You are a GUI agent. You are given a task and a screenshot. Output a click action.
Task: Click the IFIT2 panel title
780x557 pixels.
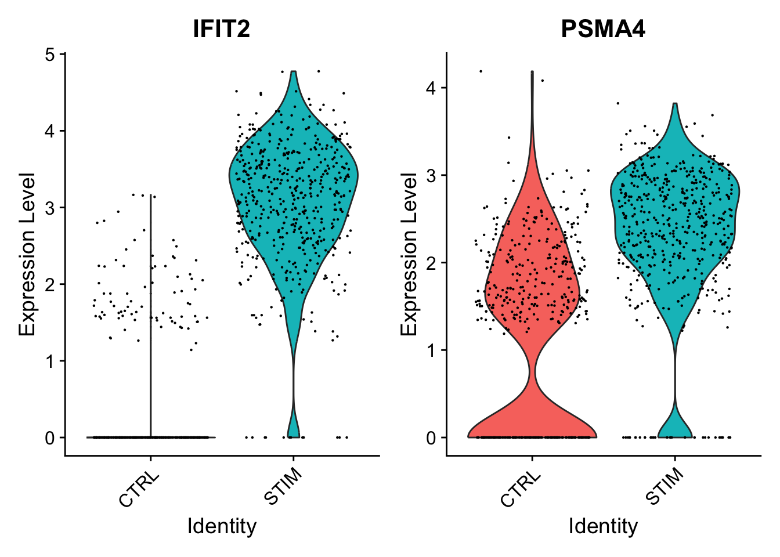click(x=222, y=29)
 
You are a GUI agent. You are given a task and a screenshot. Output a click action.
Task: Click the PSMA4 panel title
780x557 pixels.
click(x=603, y=29)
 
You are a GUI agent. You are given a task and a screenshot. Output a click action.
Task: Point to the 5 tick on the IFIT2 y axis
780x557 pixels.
click(x=50, y=55)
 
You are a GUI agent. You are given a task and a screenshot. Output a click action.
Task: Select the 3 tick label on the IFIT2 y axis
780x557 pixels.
click(x=50, y=208)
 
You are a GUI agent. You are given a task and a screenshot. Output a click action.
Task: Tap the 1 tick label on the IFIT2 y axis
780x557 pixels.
click(x=50, y=361)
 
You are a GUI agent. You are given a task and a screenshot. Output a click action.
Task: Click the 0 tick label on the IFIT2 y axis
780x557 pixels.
click(x=50, y=437)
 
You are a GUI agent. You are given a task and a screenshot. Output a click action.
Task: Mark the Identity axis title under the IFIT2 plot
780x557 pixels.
click(x=222, y=526)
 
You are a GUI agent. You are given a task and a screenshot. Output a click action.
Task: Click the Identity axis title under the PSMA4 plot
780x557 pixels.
click(x=603, y=526)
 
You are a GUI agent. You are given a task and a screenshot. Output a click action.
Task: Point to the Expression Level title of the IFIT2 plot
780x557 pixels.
click(x=27, y=254)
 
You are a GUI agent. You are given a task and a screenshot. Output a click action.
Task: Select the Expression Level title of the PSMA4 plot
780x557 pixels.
click(x=409, y=254)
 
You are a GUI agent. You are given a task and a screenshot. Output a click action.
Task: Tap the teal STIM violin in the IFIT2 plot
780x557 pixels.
click(x=294, y=186)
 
